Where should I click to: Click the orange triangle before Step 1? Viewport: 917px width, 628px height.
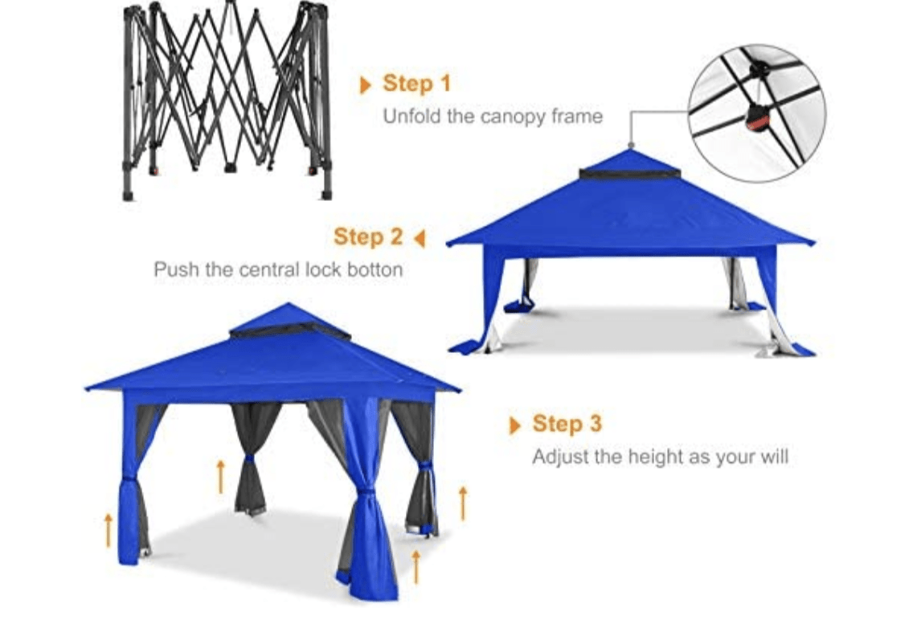tap(366, 84)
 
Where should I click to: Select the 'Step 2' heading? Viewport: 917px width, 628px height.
tap(368, 237)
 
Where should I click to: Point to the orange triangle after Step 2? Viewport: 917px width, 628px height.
tap(419, 238)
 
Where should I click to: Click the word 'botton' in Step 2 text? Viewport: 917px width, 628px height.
tap(375, 269)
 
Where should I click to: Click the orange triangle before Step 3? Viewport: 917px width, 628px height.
tap(515, 425)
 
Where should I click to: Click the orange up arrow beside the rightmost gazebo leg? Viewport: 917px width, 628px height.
tap(462, 503)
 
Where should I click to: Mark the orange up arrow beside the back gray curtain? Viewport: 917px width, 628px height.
tap(220, 476)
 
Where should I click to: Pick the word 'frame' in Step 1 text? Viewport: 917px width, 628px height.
tap(577, 117)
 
